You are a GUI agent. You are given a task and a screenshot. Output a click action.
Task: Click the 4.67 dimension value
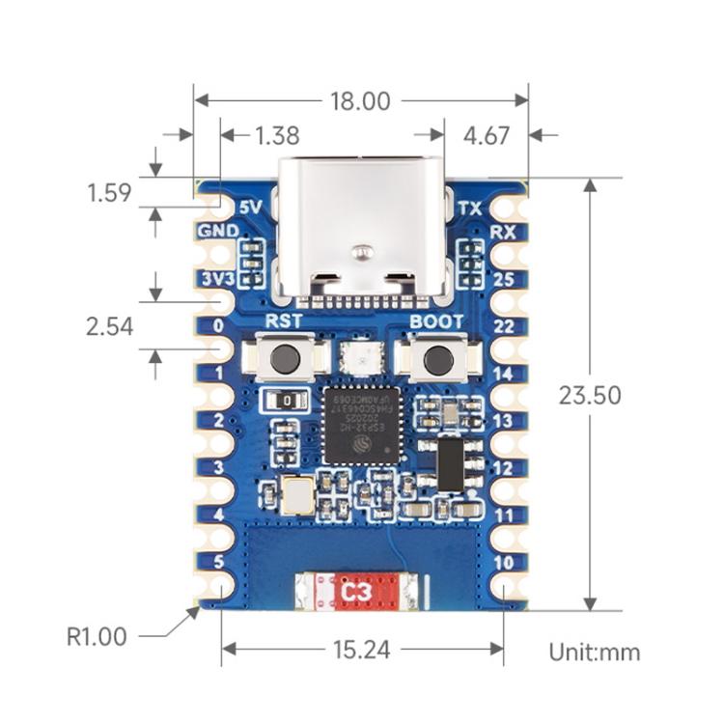tap(487, 136)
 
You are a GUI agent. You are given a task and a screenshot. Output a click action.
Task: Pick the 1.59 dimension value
tap(108, 193)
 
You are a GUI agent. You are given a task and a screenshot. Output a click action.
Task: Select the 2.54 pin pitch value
tap(108, 327)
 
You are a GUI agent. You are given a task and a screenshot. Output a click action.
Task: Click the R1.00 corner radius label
tap(97, 637)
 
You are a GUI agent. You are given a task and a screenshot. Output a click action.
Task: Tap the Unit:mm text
tap(594, 652)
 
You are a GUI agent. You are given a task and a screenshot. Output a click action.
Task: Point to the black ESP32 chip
tap(359, 425)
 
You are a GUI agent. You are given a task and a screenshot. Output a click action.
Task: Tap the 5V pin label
tap(250, 208)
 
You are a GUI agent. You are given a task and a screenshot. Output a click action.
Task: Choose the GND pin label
tap(217, 232)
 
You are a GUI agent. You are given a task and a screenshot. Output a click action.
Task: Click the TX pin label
tap(469, 208)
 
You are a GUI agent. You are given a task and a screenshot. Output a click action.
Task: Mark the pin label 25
tap(503, 279)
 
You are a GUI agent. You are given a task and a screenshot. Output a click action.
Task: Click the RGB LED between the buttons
tap(359, 357)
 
